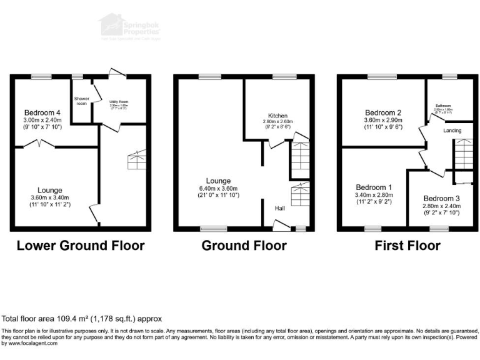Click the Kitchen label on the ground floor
(277, 116)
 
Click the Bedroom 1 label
(374, 187)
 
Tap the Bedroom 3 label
(441, 198)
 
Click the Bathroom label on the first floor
(443, 106)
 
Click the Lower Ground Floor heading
(80, 246)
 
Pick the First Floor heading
(407, 246)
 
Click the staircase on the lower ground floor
(137, 161)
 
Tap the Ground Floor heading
(244, 246)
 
